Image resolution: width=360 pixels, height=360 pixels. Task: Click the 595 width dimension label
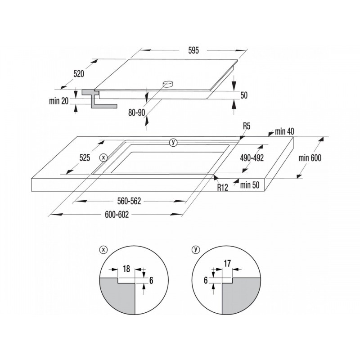click(193, 50)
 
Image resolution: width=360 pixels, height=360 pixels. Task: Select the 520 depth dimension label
click(79, 74)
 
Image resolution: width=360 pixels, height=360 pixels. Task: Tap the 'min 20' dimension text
click(59, 101)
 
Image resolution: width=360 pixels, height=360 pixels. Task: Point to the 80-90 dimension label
click(137, 112)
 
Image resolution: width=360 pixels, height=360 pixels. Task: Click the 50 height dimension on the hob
click(244, 95)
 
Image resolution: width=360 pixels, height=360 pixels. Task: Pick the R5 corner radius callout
click(247, 126)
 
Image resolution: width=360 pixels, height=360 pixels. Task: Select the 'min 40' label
click(284, 131)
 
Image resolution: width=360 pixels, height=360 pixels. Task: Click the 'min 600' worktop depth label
click(310, 158)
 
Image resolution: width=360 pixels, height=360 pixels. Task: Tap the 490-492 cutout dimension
click(252, 158)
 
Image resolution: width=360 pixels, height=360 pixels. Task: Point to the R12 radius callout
click(222, 188)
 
